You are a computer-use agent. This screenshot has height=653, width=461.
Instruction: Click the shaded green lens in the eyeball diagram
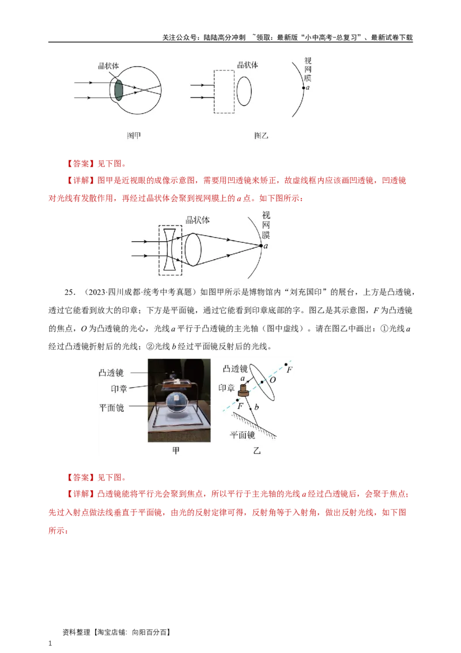click(x=119, y=91)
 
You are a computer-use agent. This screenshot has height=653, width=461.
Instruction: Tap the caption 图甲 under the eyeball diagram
click(x=134, y=136)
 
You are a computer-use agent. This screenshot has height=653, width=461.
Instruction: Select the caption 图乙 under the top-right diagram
click(x=261, y=136)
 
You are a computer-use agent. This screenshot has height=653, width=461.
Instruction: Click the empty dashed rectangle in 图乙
click(x=224, y=91)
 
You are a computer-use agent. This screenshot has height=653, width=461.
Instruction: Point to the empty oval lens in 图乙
click(x=244, y=91)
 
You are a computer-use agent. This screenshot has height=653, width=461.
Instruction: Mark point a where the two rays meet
click(x=260, y=246)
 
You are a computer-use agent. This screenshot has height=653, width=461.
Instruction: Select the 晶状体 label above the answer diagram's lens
click(x=198, y=220)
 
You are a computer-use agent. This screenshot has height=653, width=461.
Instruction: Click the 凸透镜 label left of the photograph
click(x=112, y=373)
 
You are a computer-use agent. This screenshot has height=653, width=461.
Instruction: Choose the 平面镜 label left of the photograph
click(x=112, y=407)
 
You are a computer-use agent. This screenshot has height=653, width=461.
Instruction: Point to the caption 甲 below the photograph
click(x=176, y=451)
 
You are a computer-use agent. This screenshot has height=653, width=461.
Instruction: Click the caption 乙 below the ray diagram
click(x=257, y=451)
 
